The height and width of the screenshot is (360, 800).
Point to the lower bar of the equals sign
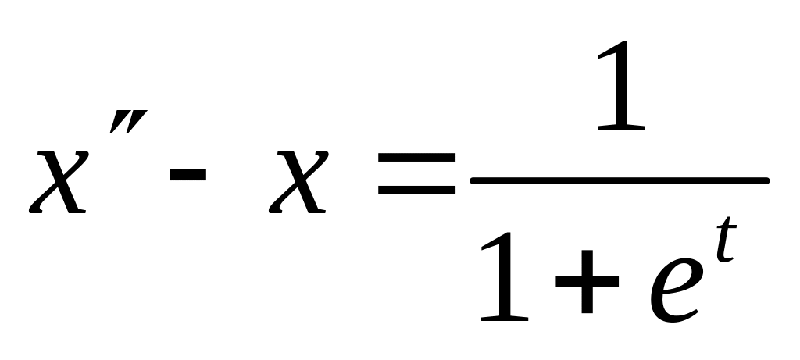(x=416, y=190)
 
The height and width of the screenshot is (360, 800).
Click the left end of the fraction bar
(x=475, y=180)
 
